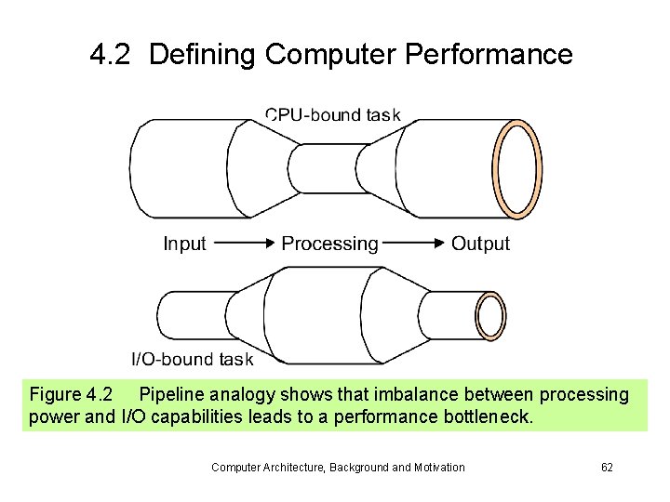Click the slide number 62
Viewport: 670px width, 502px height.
coord(607,467)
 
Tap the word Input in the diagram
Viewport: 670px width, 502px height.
coord(184,244)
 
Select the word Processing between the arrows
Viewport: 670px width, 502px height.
coord(329,244)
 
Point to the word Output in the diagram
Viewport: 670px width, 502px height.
coord(480,244)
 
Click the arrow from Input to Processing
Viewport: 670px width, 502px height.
coord(244,244)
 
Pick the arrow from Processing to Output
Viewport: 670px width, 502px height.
coord(414,244)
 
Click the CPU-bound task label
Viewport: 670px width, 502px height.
coord(332,115)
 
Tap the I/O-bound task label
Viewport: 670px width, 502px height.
coord(192,359)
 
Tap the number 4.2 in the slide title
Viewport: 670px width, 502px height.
coord(112,55)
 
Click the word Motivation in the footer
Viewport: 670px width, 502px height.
coord(436,467)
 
